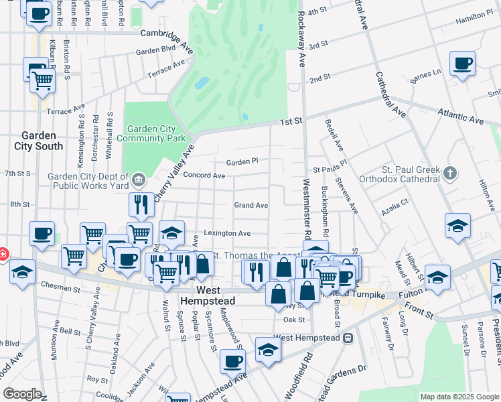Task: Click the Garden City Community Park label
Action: click(150, 133)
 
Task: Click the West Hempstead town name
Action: click(205, 295)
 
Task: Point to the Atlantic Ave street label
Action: click(461, 118)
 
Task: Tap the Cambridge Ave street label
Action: click(165, 33)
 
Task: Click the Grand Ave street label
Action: click(250, 205)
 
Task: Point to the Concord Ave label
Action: click(204, 176)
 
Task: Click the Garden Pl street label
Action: click(242, 161)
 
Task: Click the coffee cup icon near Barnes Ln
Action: click(462, 64)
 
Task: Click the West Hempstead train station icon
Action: click(348, 338)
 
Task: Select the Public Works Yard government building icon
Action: click(139, 179)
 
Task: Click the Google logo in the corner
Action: click(23, 394)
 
